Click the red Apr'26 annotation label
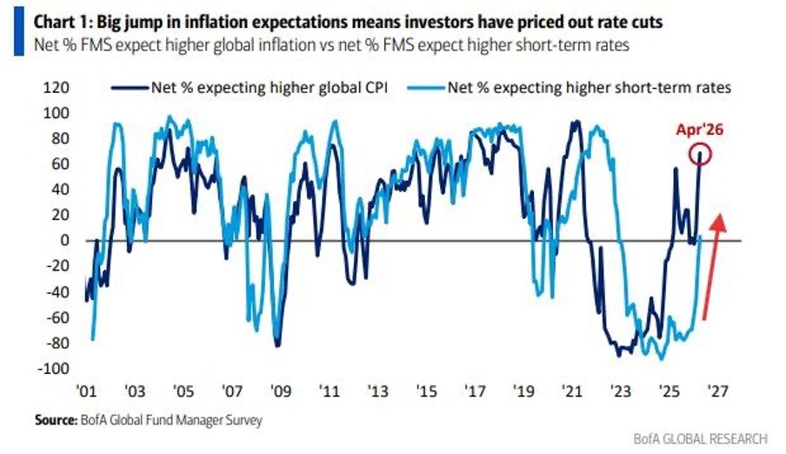coord(700,131)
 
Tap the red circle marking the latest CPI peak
coord(700,156)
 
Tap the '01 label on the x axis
coord(87,390)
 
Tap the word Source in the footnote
coord(57,420)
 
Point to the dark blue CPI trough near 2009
coord(277,344)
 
